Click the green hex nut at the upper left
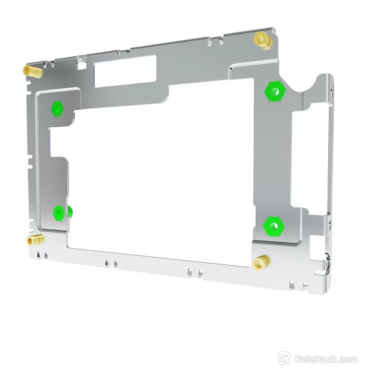tap(57, 109)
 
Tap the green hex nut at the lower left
tap(59, 213)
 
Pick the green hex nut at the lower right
tap(273, 226)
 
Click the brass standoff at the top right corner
tap(262, 40)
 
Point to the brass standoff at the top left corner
tap(32, 72)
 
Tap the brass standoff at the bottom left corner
tap(35, 241)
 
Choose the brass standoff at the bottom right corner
tap(261, 262)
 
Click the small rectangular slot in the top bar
tap(125, 71)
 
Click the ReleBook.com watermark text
tap(326, 359)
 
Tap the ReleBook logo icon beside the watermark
tap(284, 358)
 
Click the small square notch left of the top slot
tap(82, 60)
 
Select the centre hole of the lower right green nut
tap(273, 226)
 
